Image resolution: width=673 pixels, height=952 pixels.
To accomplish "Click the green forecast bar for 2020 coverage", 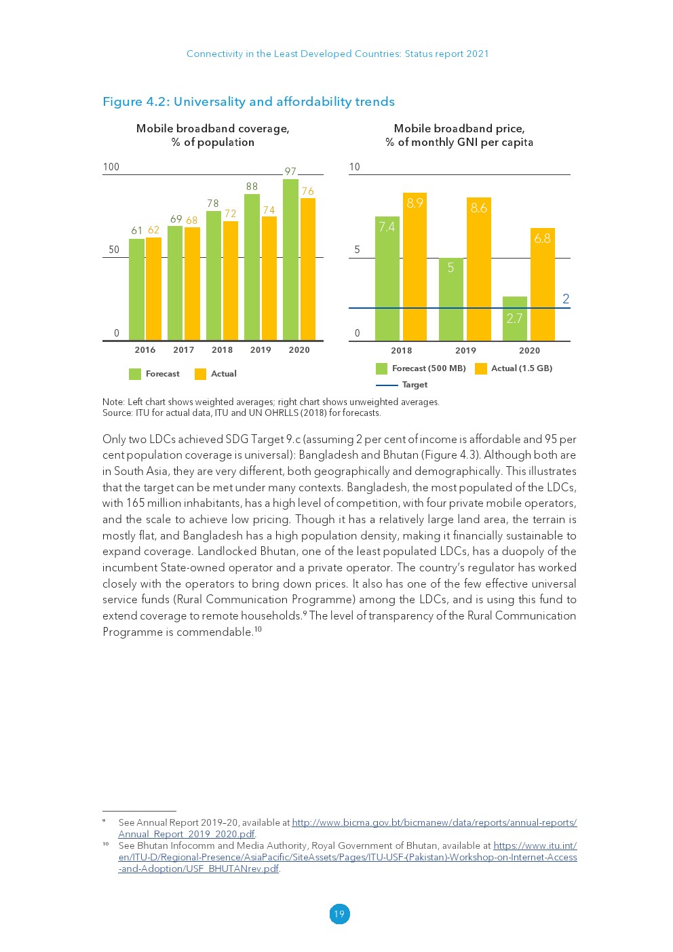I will (x=290, y=260).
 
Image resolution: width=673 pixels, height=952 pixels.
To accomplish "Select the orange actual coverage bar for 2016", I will (x=153, y=289).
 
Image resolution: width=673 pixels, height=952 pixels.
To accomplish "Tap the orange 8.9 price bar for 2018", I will (x=415, y=267).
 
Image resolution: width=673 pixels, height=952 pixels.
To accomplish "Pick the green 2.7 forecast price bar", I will (x=514, y=319).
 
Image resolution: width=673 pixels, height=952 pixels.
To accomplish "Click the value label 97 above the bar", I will (x=290, y=172).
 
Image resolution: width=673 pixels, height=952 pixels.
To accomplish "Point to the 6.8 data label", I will (x=542, y=238).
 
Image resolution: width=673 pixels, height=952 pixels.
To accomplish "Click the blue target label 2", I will (x=566, y=299).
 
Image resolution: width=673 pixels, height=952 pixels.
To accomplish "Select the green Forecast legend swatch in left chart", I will (x=135, y=374).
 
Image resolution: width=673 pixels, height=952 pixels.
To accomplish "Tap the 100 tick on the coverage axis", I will (x=111, y=167).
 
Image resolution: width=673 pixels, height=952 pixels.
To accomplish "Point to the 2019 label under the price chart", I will (x=465, y=351).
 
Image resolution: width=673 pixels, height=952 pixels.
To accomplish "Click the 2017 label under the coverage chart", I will (x=184, y=350).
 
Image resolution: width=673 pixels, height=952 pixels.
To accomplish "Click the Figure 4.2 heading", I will (x=248, y=102).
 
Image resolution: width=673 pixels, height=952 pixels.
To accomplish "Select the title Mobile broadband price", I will (x=459, y=128).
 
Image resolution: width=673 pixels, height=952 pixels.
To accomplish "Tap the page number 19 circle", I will (x=339, y=914).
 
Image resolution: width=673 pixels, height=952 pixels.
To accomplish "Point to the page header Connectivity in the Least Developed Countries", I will (x=337, y=54).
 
